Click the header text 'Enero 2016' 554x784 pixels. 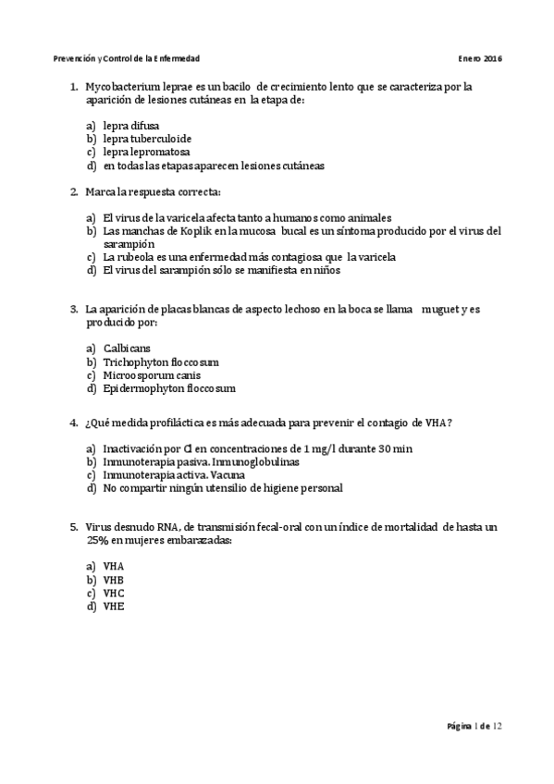(x=480, y=57)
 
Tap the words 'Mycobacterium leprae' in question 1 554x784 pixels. (x=130, y=87)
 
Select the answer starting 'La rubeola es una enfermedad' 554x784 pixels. (x=249, y=257)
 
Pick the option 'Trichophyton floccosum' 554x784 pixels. (x=161, y=362)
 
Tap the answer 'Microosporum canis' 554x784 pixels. (x=152, y=375)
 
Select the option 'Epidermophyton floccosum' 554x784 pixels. (x=169, y=389)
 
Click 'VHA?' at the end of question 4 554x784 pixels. (x=437, y=423)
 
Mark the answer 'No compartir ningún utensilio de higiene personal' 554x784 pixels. (x=223, y=487)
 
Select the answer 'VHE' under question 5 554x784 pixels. (x=114, y=606)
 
